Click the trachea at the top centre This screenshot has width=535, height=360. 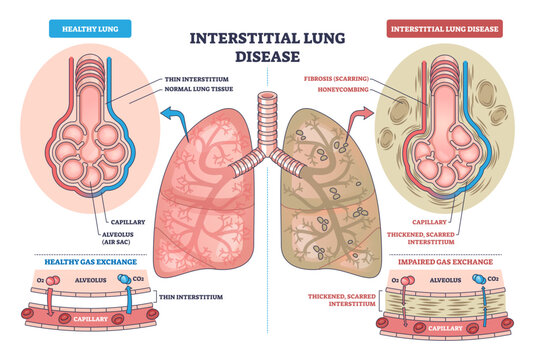266,115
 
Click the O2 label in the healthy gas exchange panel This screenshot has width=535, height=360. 39,279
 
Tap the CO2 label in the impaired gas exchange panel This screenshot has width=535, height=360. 493,279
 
